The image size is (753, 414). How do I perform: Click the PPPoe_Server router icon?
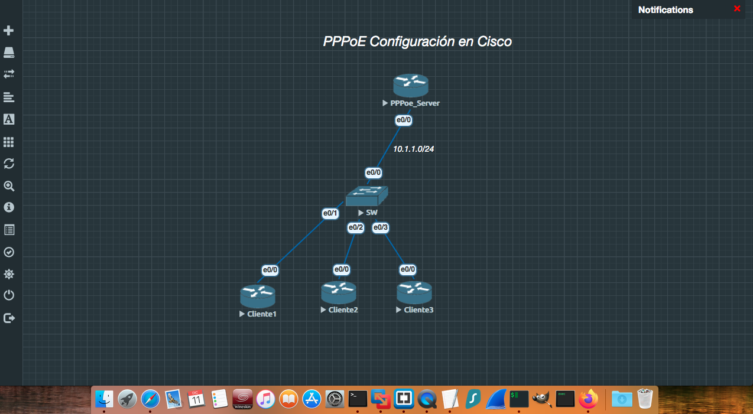411,86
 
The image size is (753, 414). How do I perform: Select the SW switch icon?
366,195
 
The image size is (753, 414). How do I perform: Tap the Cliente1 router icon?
258,296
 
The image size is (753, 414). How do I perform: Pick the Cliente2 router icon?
339,293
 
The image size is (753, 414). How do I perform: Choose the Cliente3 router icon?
414,293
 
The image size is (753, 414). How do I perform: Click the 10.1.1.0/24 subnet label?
414,149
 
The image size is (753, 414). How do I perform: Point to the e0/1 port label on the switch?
330,213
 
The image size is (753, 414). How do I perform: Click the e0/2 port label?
355,227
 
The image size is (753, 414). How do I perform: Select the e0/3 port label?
381,227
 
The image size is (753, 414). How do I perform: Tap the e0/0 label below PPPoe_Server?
403,120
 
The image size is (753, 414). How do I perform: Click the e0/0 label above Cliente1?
270,270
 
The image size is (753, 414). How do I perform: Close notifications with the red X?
737,9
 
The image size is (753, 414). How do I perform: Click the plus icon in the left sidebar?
9,30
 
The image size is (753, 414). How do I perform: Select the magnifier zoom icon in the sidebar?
9,186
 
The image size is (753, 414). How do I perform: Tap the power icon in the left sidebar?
9,295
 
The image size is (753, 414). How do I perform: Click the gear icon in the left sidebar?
9,274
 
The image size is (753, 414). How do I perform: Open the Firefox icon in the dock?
589,399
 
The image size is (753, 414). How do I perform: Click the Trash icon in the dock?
645,399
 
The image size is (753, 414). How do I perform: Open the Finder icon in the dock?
104,399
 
